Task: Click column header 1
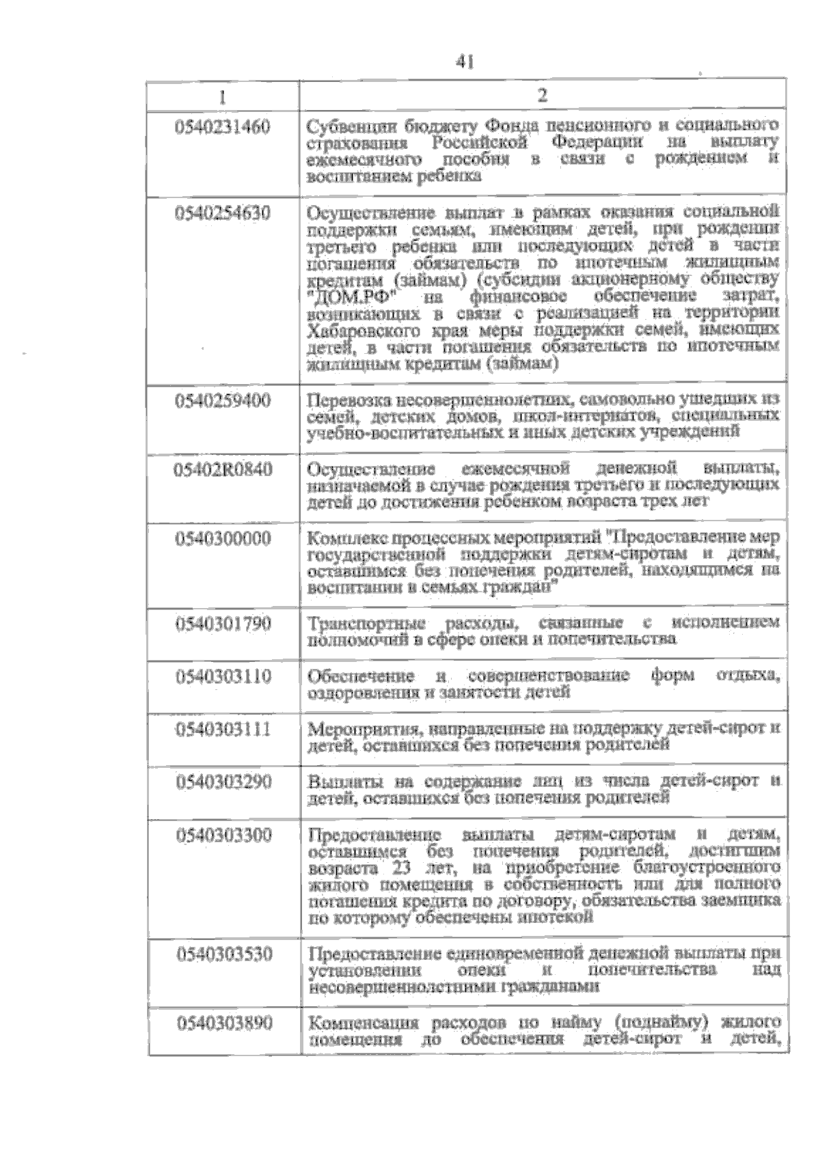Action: pyautogui.click(x=223, y=95)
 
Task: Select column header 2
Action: pyautogui.click(x=543, y=95)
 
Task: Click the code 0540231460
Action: pyautogui.click(x=223, y=127)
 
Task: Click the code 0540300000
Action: pyautogui.click(x=223, y=539)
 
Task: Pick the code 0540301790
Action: pyautogui.click(x=223, y=624)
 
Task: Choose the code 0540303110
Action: pyautogui.click(x=223, y=677)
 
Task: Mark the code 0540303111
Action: pyautogui.click(x=223, y=730)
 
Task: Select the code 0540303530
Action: pyautogui.click(x=223, y=954)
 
